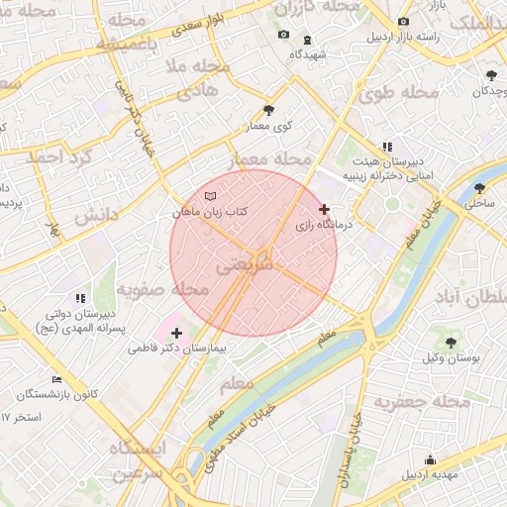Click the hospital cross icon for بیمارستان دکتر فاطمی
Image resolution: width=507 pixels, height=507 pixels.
(176, 333)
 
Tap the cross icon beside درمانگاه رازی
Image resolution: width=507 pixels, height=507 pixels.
(325, 209)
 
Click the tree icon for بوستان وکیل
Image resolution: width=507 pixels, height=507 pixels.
(451, 343)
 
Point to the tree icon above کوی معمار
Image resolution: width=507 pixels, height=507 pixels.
(268, 110)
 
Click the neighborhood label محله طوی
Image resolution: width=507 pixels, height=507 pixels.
(399, 94)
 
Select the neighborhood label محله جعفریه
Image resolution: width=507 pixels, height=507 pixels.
(420, 402)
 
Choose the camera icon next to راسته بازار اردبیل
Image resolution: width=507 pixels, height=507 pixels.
(402, 22)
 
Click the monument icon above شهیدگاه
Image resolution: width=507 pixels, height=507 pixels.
(307, 40)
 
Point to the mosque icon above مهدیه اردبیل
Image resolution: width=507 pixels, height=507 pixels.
(430, 458)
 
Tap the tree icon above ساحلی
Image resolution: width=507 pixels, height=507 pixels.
(480, 188)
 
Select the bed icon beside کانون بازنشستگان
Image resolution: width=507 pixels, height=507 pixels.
(56, 379)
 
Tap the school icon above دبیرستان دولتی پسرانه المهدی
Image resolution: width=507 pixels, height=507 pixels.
(80, 297)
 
